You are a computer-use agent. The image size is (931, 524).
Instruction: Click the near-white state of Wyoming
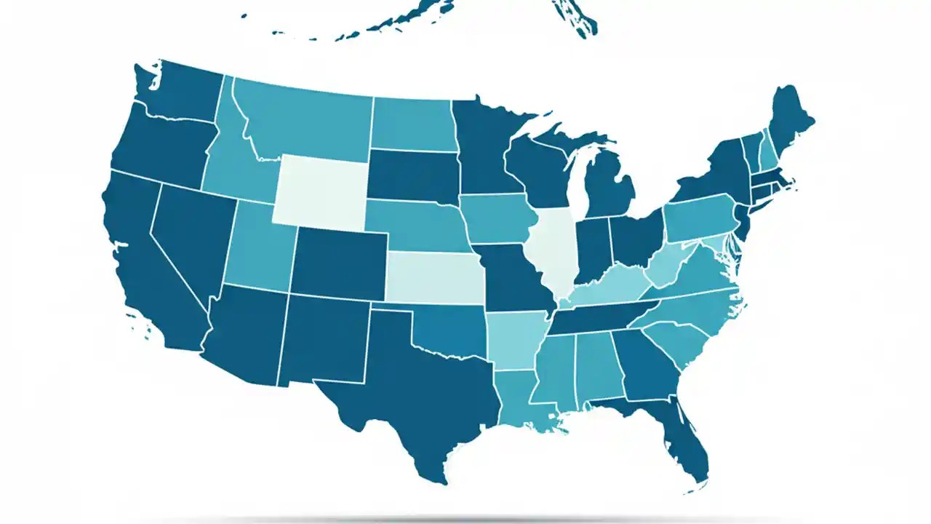(x=320, y=189)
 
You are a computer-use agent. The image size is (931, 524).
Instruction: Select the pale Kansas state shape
(x=434, y=277)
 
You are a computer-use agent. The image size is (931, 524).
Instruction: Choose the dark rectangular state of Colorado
(x=338, y=262)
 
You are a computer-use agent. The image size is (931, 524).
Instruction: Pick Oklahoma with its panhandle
(x=451, y=331)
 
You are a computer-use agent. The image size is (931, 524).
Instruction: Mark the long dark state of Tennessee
(x=604, y=317)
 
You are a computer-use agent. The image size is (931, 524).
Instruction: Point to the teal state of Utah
(x=258, y=247)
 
